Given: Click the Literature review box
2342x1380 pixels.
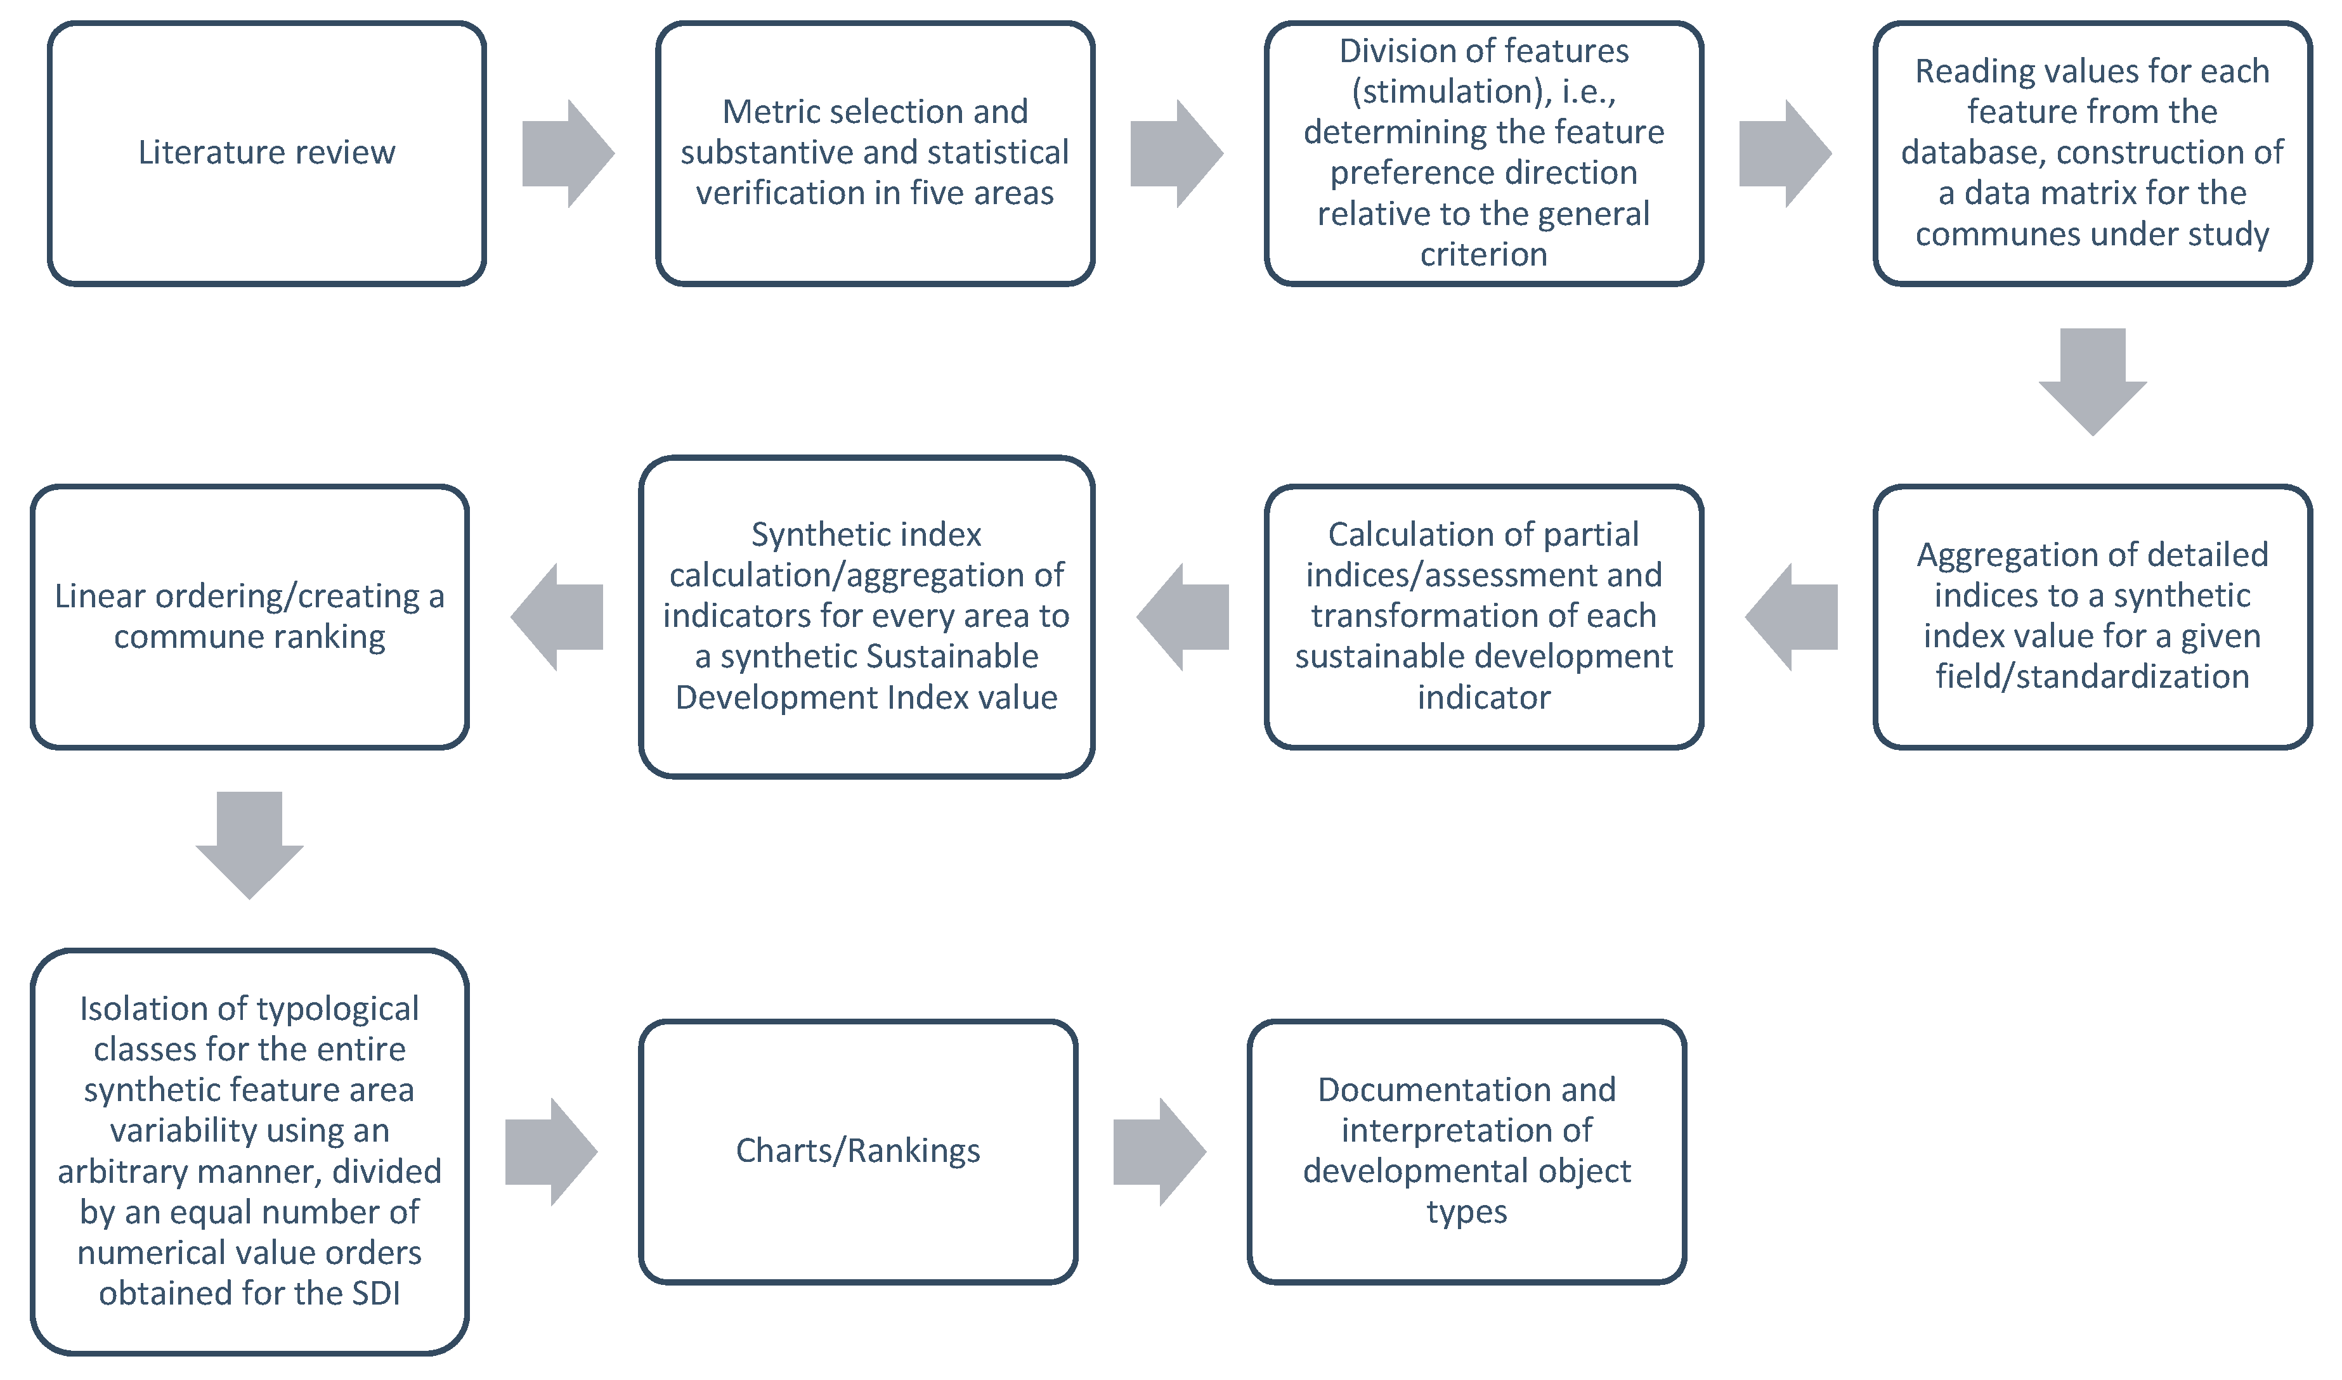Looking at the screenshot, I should click(x=267, y=153).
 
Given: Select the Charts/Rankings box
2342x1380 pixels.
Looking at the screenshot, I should click(x=857, y=1151).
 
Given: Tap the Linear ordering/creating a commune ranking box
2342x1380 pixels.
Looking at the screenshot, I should click(x=249, y=617).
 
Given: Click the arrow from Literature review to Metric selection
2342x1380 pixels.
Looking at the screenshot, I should click(x=568, y=153).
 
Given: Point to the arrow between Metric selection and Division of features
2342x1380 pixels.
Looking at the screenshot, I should click(x=1176, y=153).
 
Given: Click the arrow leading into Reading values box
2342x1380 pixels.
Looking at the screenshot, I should click(x=1784, y=153).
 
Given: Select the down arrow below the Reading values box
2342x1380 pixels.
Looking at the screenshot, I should click(x=2093, y=381).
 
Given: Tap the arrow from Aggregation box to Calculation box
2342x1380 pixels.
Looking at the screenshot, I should click(x=1792, y=617).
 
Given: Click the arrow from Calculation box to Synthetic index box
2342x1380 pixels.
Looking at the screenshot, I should click(x=1183, y=617).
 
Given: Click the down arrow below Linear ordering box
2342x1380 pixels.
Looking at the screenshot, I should click(x=249, y=844).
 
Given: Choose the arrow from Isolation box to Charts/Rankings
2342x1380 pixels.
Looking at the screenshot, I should click(x=550, y=1151).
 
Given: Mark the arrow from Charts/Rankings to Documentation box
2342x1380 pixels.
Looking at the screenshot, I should click(x=1159, y=1151).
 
